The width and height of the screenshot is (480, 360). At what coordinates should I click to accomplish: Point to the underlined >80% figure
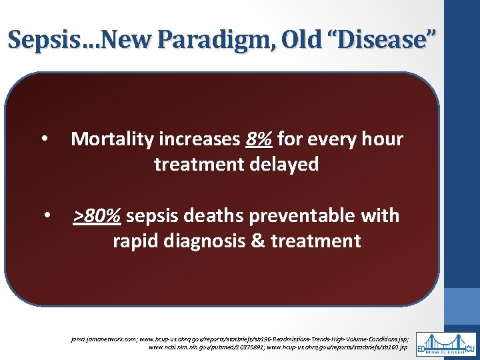tap(97, 216)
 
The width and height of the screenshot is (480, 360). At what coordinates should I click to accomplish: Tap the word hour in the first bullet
tap(380, 139)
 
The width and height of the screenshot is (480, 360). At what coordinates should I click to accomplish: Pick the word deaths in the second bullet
tap(217, 216)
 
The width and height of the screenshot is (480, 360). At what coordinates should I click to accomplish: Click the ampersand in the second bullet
tap(257, 241)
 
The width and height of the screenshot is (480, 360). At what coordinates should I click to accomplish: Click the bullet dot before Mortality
tap(43, 140)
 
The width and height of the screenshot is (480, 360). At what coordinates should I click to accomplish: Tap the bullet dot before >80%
tap(47, 217)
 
